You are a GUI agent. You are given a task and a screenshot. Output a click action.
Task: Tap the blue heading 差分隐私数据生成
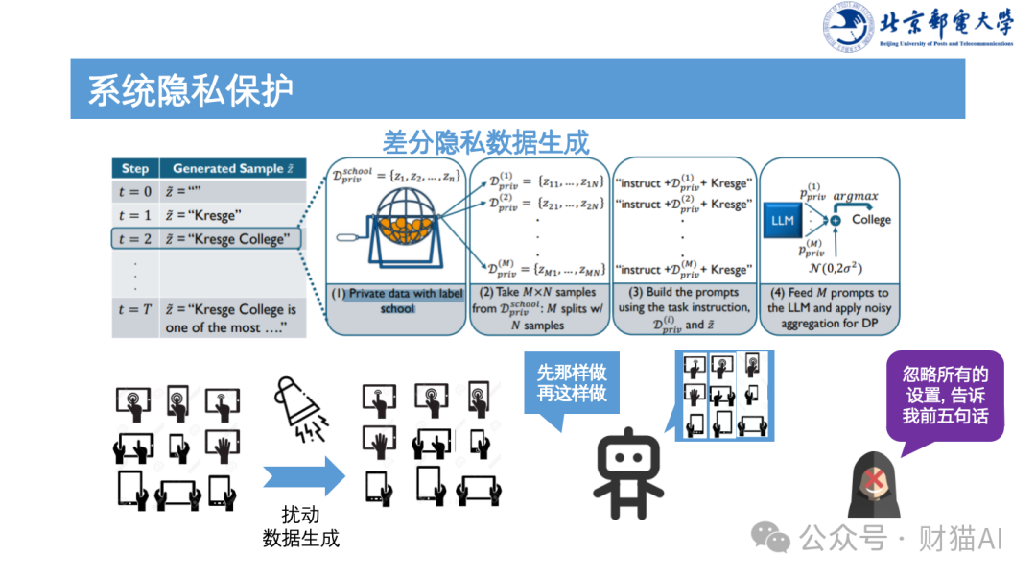point(485,142)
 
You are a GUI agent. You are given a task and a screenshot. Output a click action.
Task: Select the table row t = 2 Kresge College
point(208,239)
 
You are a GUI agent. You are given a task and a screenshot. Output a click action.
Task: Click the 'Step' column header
point(135,168)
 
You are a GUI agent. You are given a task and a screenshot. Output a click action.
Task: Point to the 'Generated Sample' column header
point(233,168)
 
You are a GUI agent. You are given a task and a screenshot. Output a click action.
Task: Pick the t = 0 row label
point(135,191)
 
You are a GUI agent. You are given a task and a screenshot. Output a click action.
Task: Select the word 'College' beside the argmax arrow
point(871,220)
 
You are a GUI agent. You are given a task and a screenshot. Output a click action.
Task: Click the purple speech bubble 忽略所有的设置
point(945,395)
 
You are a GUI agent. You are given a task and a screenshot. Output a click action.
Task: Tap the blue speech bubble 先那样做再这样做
point(572,382)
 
